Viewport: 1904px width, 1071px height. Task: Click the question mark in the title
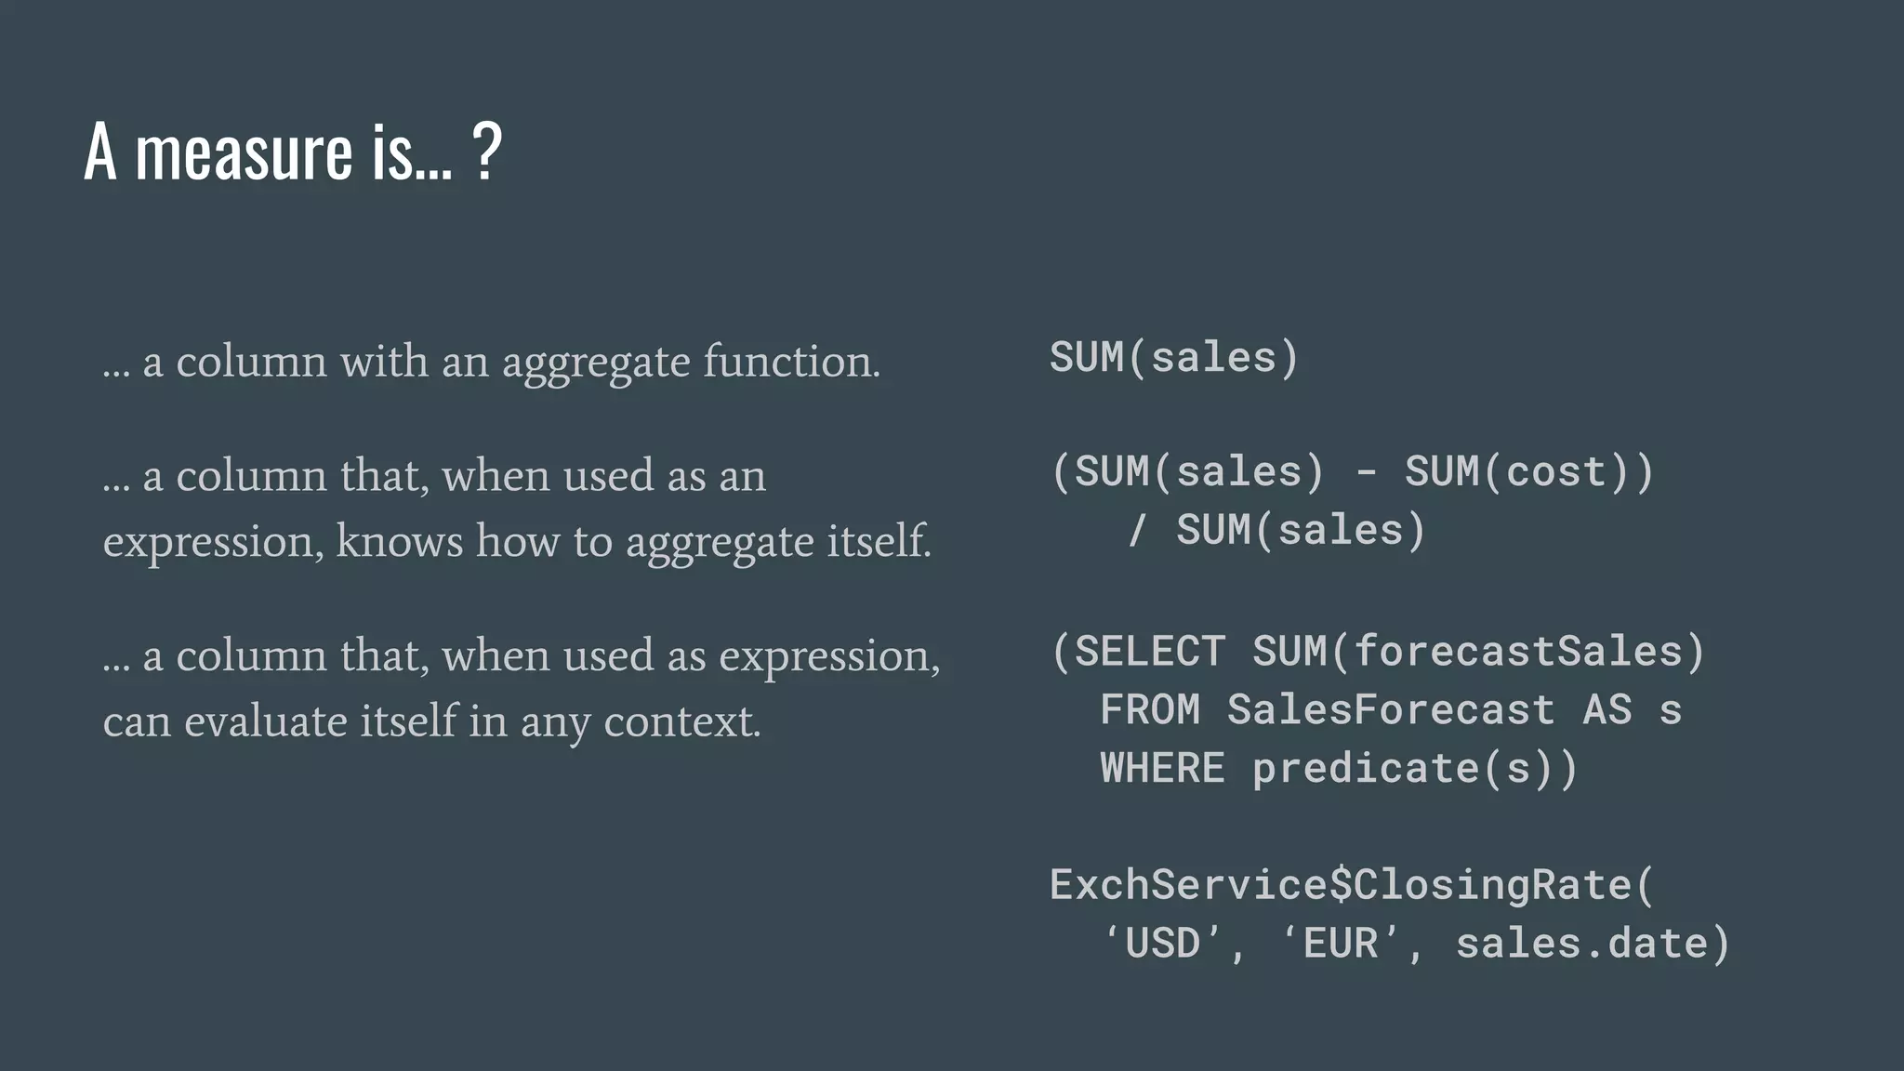pos(487,152)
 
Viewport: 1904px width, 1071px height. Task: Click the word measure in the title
pos(244,152)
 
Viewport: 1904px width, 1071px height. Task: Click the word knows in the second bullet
pos(400,541)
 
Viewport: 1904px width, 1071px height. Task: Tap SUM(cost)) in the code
pos(1529,471)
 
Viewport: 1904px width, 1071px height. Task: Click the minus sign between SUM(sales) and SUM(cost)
pos(1366,471)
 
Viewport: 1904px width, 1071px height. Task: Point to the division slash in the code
pos(1136,530)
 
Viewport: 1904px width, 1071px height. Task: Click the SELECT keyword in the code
pos(1150,651)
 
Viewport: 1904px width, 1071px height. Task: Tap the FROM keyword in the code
pos(1150,709)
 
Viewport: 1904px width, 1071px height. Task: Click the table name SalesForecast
pos(1391,709)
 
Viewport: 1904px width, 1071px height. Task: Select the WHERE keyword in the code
pos(1162,768)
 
